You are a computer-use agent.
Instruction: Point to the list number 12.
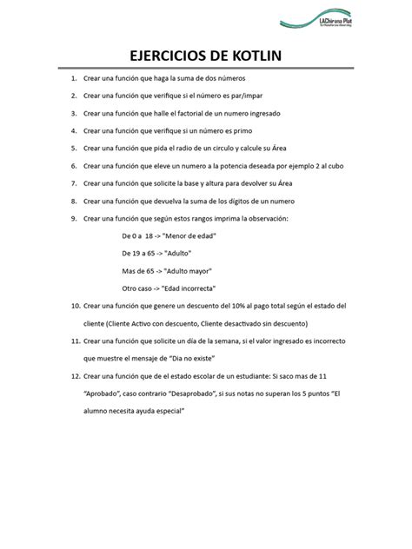point(74,378)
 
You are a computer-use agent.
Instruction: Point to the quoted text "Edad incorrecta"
point(187,288)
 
